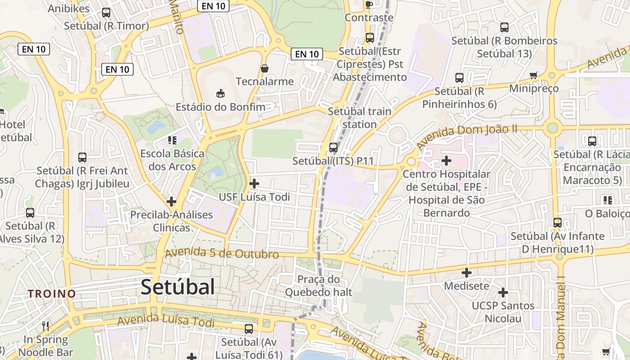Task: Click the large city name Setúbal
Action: (x=178, y=287)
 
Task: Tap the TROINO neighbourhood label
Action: (x=52, y=294)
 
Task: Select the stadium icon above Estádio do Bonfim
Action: (x=220, y=93)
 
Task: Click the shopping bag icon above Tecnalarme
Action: (x=265, y=68)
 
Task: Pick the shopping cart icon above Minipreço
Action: (x=534, y=75)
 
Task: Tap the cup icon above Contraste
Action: (x=369, y=4)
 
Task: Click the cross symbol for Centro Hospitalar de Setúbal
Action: (x=446, y=160)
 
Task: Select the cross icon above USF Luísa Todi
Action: (x=254, y=183)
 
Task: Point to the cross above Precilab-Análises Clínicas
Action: (x=171, y=201)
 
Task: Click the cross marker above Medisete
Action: (x=467, y=272)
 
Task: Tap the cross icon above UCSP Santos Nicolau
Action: (x=503, y=292)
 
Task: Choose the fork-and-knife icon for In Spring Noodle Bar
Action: (x=45, y=325)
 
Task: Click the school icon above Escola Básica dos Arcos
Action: (x=172, y=140)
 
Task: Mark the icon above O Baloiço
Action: (x=608, y=200)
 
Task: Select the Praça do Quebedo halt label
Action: (x=319, y=286)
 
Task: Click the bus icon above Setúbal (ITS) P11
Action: (x=333, y=147)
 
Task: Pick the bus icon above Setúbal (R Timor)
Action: (x=106, y=13)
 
